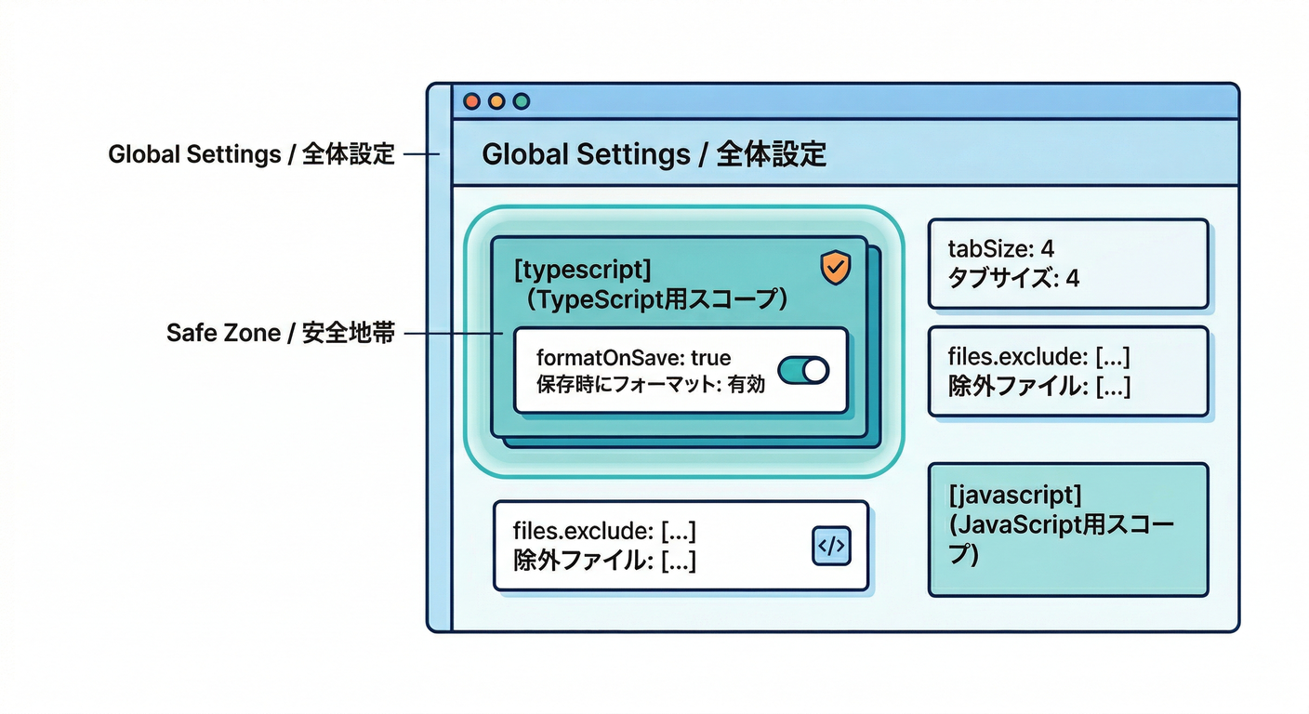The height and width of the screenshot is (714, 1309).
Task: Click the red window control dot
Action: click(471, 101)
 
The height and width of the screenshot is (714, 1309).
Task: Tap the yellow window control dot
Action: click(496, 101)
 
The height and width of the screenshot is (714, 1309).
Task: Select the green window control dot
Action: click(521, 101)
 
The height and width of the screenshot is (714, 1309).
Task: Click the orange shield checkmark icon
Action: click(835, 268)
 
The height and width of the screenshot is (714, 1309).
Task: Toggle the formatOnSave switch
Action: click(802, 371)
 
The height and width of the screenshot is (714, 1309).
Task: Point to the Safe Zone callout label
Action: click(280, 333)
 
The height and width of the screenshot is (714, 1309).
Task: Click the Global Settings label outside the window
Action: click(251, 154)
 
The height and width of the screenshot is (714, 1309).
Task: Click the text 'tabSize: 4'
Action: click(1000, 250)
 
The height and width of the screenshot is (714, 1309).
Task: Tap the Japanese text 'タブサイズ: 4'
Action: click(1012, 277)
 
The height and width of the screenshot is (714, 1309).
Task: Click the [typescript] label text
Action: click(582, 270)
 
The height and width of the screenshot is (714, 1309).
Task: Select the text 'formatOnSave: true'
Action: click(633, 358)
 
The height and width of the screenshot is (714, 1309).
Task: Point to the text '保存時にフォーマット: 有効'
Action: click(650, 384)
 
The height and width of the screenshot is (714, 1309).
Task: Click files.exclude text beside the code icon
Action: click(604, 532)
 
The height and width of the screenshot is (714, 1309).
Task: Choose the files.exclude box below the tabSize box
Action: click(1068, 371)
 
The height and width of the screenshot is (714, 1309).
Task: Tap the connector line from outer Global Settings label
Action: click(421, 154)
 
